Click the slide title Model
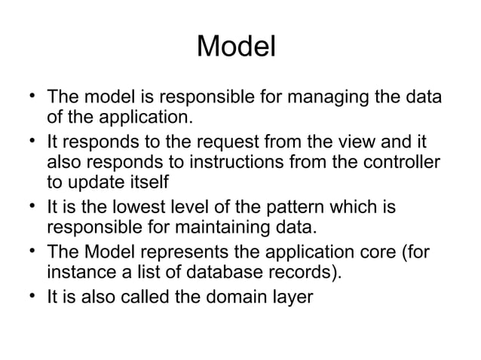[x=236, y=47]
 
